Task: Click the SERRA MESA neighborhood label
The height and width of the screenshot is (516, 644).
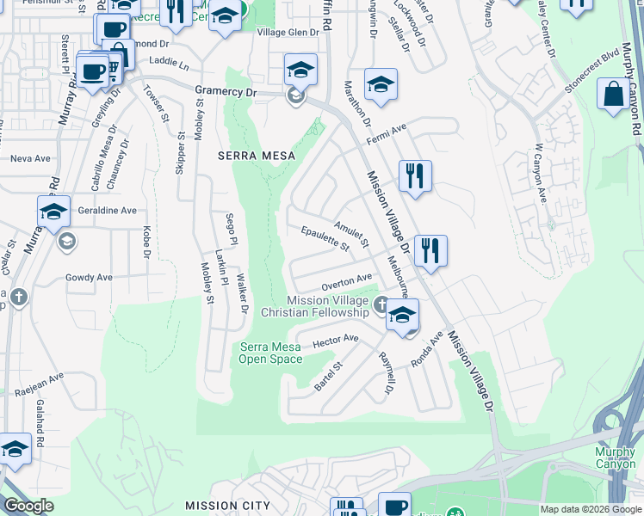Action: click(x=256, y=156)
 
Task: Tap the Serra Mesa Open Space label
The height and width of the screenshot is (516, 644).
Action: click(x=269, y=353)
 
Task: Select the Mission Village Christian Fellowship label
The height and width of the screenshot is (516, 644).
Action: click(x=328, y=306)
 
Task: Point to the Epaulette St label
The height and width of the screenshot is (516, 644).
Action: click(x=325, y=239)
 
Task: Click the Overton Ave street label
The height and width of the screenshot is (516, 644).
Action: click(x=346, y=280)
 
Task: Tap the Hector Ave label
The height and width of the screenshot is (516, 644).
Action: click(x=335, y=341)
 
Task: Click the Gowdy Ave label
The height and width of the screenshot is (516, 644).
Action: click(x=89, y=278)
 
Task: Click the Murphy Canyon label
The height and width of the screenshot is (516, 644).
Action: click(x=616, y=458)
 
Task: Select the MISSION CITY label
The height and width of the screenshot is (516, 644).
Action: click(x=227, y=506)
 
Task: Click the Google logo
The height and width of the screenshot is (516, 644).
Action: click(x=29, y=505)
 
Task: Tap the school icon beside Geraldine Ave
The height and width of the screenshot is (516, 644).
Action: click(x=53, y=211)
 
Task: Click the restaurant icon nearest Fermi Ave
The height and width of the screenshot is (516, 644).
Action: click(x=415, y=175)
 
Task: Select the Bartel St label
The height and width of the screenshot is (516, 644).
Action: click(x=328, y=377)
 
